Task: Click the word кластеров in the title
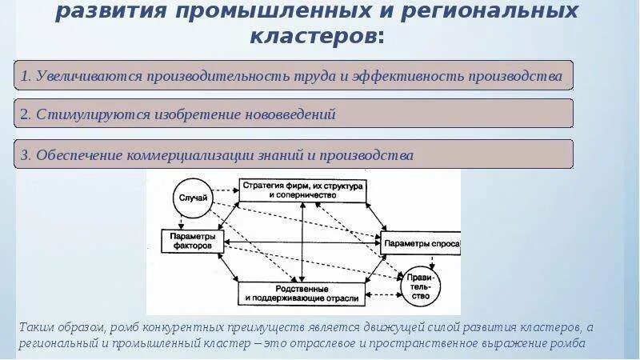pyautogui.click(x=315, y=37)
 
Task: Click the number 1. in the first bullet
pyautogui.click(x=26, y=76)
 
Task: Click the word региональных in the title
pyautogui.click(x=499, y=12)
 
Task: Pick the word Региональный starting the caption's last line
pyautogui.click(x=58, y=345)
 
